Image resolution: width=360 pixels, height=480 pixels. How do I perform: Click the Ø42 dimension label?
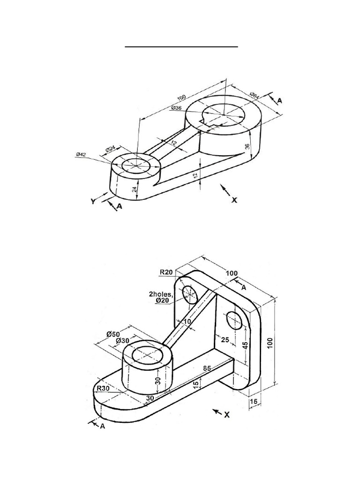coord(81,155)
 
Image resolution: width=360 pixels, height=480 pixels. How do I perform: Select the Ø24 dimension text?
coord(110,149)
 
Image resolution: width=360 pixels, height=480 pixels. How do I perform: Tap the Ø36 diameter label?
coord(176,108)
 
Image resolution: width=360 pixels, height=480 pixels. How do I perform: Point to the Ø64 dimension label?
coord(255,95)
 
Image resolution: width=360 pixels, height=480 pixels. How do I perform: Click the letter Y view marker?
coord(93,201)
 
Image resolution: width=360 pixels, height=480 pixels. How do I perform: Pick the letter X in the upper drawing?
coord(234,200)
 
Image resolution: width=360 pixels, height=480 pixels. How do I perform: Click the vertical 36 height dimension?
coord(248,146)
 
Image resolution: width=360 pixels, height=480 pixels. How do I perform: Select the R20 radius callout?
coord(166,272)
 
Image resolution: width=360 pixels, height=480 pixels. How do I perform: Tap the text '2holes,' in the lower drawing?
coord(161,294)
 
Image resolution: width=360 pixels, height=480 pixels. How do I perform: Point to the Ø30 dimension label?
coord(122,340)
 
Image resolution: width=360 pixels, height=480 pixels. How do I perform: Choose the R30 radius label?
coord(103,388)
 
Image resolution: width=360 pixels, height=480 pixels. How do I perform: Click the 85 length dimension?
coord(207,368)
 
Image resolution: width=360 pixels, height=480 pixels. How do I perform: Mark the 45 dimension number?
coord(245,345)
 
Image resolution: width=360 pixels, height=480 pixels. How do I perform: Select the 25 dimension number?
coord(225,339)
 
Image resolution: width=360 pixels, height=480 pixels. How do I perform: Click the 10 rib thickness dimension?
coord(187,322)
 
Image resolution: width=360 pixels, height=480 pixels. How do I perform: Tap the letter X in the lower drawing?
coord(226,415)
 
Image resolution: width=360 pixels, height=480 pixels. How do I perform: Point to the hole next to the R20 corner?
coord(190,294)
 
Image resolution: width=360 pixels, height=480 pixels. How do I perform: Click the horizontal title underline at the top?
coord(181,47)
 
